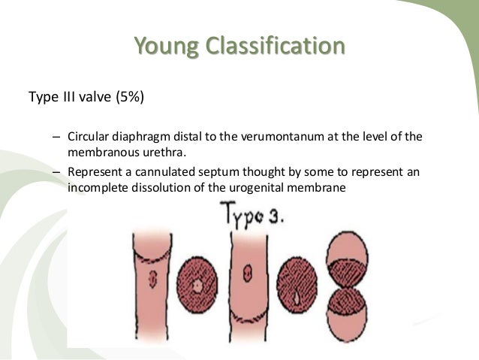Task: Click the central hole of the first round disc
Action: (197, 287)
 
